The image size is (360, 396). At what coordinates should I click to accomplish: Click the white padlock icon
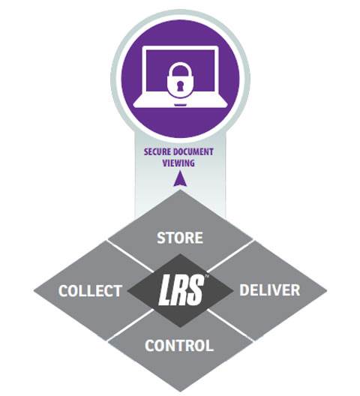pyautogui.click(x=179, y=79)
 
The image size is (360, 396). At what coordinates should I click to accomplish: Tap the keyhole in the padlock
pyautogui.click(x=179, y=85)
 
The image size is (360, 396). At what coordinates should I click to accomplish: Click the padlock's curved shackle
pyautogui.click(x=179, y=68)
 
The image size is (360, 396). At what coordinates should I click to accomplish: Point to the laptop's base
pyautogui.click(x=180, y=102)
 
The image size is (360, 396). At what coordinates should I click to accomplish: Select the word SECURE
pyautogui.click(x=157, y=152)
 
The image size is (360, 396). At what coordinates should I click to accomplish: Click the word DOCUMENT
pyautogui.click(x=193, y=152)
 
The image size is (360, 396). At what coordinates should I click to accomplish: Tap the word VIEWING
pyautogui.click(x=178, y=163)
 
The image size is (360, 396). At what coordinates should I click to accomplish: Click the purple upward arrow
pyautogui.click(x=180, y=178)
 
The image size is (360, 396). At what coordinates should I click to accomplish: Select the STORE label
pyautogui.click(x=180, y=238)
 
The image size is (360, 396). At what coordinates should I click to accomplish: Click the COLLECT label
pyautogui.click(x=90, y=291)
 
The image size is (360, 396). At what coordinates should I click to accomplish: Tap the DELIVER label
pyautogui.click(x=269, y=290)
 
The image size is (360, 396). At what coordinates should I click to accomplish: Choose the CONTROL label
pyautogui.click(x=179, y=345)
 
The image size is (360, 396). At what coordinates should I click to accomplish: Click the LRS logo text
pyautogui.click(x=181, y=289)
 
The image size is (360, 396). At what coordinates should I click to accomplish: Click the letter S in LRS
pyautogui.click(x=196, y=289)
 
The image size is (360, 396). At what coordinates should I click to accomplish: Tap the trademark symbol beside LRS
pyautogui.click(x=207, y=276)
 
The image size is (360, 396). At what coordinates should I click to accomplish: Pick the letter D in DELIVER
pyautogui.click(x=244, y=290)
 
